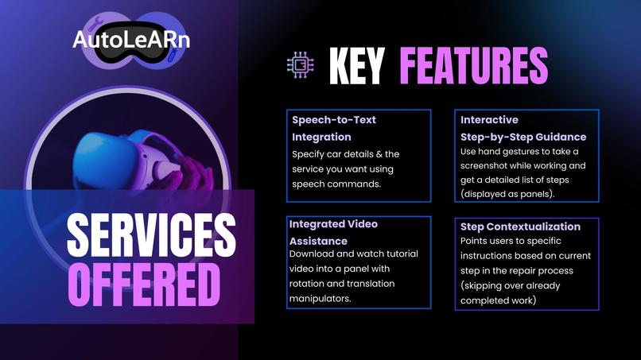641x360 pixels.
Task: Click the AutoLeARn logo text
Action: (x=130, y=38)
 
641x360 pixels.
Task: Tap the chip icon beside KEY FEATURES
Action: (x=301, y=66)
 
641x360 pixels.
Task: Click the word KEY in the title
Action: (x=356, y=66)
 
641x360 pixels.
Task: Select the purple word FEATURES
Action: (x=473, y=66)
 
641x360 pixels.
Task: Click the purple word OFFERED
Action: (x=144, y=281)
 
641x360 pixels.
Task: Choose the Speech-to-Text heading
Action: (x=334, y=120)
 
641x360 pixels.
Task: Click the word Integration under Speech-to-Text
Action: (x=321, y=137)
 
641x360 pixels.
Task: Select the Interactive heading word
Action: (x=489, y=120)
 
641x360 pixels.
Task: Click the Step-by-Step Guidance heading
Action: (x=523, y=137)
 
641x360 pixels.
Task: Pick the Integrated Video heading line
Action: (x=333, y=224)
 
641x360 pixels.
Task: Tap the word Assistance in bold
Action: (x=318, y=240)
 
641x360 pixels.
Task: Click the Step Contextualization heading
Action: (x=520, y=226)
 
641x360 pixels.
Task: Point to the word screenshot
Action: (x=489, y=166)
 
